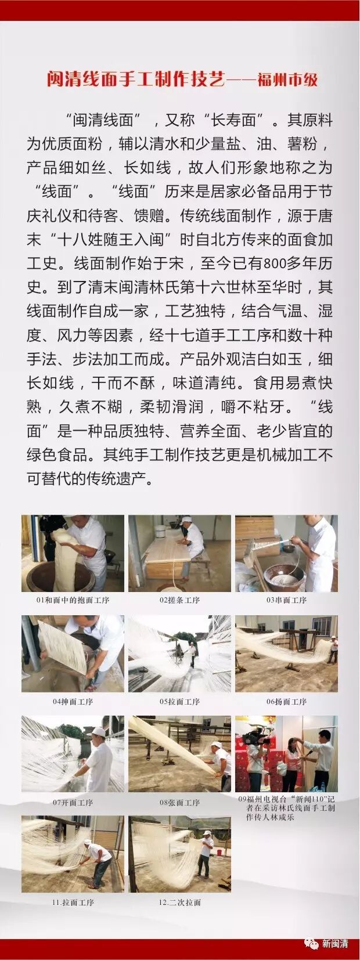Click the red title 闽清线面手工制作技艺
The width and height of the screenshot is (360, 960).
(x=136, y=80)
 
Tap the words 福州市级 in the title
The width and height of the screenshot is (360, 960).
(x=287, y=80)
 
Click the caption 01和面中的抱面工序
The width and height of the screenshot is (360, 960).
(x=73, y=600)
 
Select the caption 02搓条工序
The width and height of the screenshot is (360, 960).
(x=180, y=600)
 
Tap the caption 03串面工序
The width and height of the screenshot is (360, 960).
(x=287, y=600)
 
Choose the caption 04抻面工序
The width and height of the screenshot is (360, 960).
(x=73, y=702)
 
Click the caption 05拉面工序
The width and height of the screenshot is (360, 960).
(x=180, y=702)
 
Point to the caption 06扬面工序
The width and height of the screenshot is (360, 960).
(x=287, y=702)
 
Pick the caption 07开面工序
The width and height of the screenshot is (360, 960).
(x=73, y=803)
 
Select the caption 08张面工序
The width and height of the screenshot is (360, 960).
(x=180, y=803)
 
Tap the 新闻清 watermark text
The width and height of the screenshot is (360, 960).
(x=334, y=943)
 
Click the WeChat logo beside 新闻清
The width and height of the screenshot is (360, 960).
(x=312, y=944)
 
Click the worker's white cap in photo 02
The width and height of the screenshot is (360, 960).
(x=186, y=520)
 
